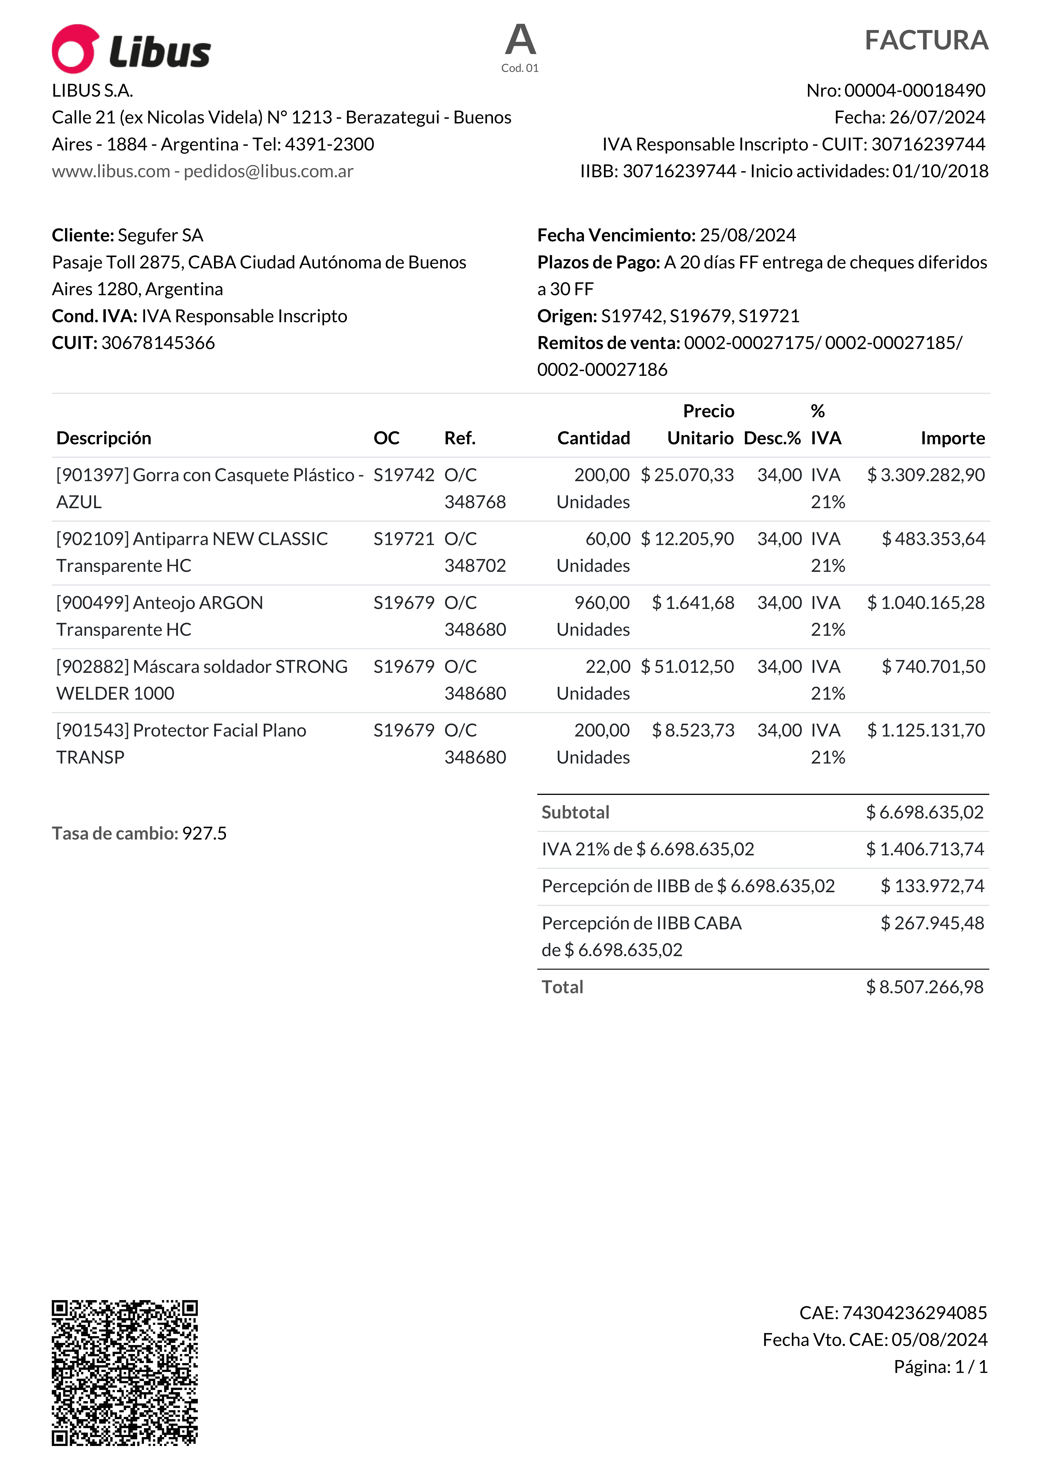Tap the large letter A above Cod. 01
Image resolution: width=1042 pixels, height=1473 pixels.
click(x=520, y=40)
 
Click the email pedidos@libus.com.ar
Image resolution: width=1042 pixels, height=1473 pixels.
click(x=268, y=171)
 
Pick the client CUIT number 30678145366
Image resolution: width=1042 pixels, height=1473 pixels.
click(x=158, y=343)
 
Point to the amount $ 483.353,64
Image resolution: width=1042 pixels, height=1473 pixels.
click(x=933, y=539)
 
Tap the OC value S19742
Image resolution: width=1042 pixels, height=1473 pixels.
click(x=404, y=475)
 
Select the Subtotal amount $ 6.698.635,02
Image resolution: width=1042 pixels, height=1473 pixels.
click(x=924, y=812)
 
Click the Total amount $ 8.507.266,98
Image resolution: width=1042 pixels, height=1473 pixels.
click(x=924, y=987)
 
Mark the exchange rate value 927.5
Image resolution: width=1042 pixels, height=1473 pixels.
click(x=204, y=833)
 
